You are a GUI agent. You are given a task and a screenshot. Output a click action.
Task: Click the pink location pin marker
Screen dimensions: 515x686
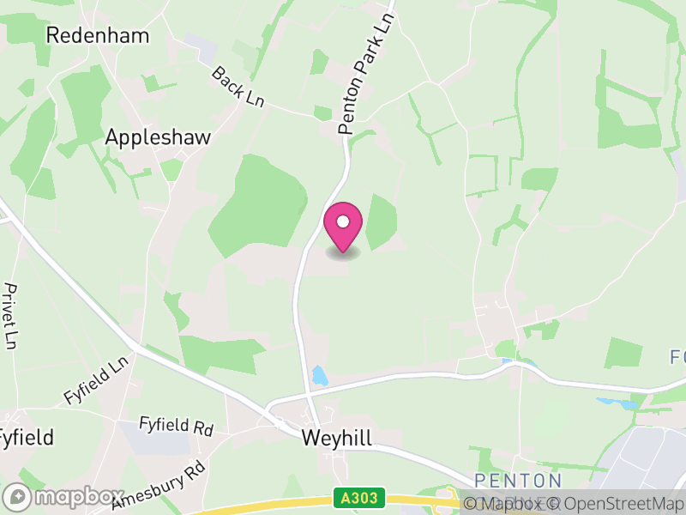pyautogui.click(x=342, y=227)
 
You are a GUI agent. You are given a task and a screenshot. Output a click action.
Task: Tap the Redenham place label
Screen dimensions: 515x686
pyautogui.click(x=97, y=35)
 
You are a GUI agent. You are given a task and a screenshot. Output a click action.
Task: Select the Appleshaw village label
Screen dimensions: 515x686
pyautogui.click(x=158, y=137)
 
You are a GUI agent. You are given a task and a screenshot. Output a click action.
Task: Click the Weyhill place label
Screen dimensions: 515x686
pyautogui.click(x=337, y=438)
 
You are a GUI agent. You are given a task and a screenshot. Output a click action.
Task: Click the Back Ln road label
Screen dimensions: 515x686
pyautogui.click(x=238, y=87)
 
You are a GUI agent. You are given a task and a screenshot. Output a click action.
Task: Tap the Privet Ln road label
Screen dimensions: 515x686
pyautogui.click(x=11, y=315)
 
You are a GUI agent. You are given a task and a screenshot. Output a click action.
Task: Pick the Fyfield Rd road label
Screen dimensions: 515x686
pyautogui.click(x=177, y=427)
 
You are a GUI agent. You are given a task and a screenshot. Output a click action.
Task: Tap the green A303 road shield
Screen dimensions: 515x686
pyautogui.click(x=359, y=498)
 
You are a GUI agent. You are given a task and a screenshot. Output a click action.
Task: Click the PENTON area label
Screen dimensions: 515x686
pyautogui.click(x=518, y=481)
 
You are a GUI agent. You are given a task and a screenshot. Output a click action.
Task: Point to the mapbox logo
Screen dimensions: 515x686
pyautogui.click(x=63, y=497)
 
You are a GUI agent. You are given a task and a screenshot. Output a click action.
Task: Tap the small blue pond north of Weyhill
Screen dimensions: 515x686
pyautogui.click(x=320, y=375)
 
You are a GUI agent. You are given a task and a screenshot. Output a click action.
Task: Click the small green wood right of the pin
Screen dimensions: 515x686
pyautogui.click(x=381, y=221)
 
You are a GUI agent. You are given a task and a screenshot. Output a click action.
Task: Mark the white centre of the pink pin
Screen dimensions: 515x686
pyautogui.click(x=342, y=221)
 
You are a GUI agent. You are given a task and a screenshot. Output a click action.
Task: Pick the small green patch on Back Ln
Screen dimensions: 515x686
pyautogui.click(x=323, y=112)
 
